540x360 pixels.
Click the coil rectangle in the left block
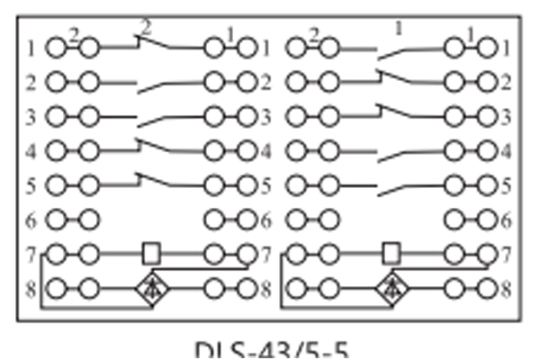(151, 254)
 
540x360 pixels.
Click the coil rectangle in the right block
(391, 254)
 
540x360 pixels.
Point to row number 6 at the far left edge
(31, 220)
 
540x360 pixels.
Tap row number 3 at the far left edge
(31, 117)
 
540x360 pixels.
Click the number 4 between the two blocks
(265, 151)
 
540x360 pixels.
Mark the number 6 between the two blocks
(265, 220)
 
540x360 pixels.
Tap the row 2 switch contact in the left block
(162, 85)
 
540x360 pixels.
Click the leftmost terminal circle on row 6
(57, 220)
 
